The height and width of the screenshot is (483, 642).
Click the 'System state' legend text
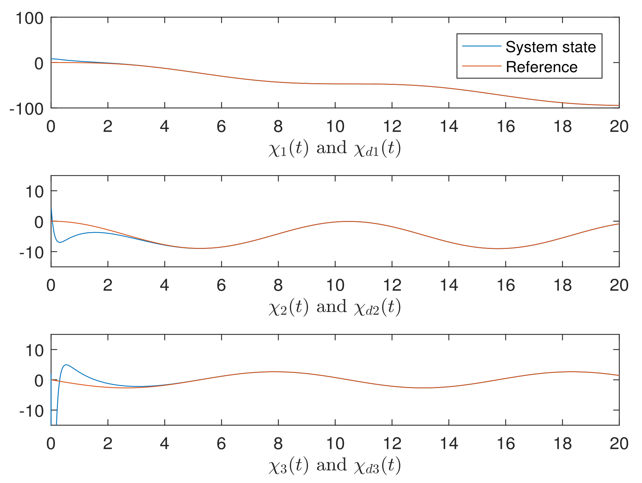click(551, 47)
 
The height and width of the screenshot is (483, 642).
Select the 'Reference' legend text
click(542, 67)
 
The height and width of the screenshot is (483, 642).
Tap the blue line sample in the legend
click(482, 46)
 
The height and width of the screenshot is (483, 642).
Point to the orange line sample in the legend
click(482, 66)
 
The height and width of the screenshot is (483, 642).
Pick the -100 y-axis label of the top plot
click(27, 109)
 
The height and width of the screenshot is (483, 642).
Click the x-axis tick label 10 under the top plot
click(335, 127)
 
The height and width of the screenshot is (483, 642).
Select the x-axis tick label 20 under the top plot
click(619, 127)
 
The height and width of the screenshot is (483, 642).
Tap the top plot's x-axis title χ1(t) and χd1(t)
click(335, 149)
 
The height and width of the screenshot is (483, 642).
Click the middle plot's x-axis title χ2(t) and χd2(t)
click(335, 307)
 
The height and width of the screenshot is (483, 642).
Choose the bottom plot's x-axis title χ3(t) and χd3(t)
click(335, 466)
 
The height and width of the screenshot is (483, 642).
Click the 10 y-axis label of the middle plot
click(35, 192)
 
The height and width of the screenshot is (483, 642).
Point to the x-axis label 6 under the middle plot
click(221, 285)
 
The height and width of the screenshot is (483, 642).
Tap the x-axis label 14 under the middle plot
click(449, 285)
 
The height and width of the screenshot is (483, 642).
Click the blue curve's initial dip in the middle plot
click(60, 242)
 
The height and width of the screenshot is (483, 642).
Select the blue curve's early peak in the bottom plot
click(66, 365)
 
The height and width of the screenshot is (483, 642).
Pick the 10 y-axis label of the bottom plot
click(35, 351)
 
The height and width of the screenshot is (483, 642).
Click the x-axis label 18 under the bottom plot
click(562, 444)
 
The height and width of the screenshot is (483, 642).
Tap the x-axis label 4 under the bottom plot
click(164, 444)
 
